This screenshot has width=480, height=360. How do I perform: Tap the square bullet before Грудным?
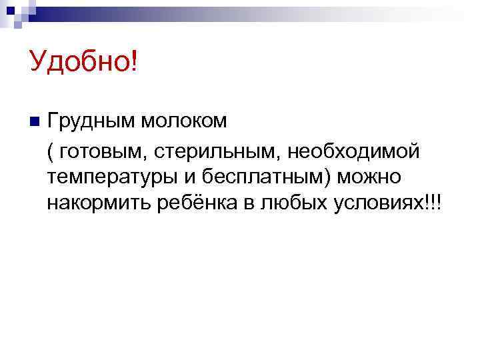click(34, 121)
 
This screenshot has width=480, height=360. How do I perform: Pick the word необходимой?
click(354, 151)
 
